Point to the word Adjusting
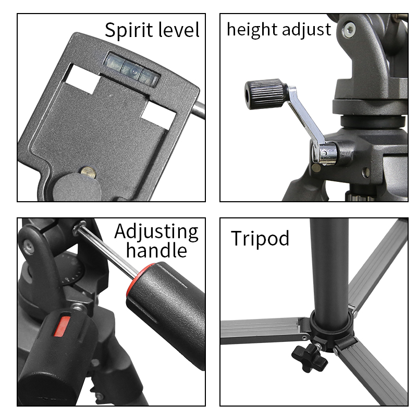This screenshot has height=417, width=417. [x=156, y=231]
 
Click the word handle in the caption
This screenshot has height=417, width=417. [x=156, y=251]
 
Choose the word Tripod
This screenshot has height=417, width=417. [x=260, y=238]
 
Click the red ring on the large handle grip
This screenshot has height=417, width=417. [x=141, y=281]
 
